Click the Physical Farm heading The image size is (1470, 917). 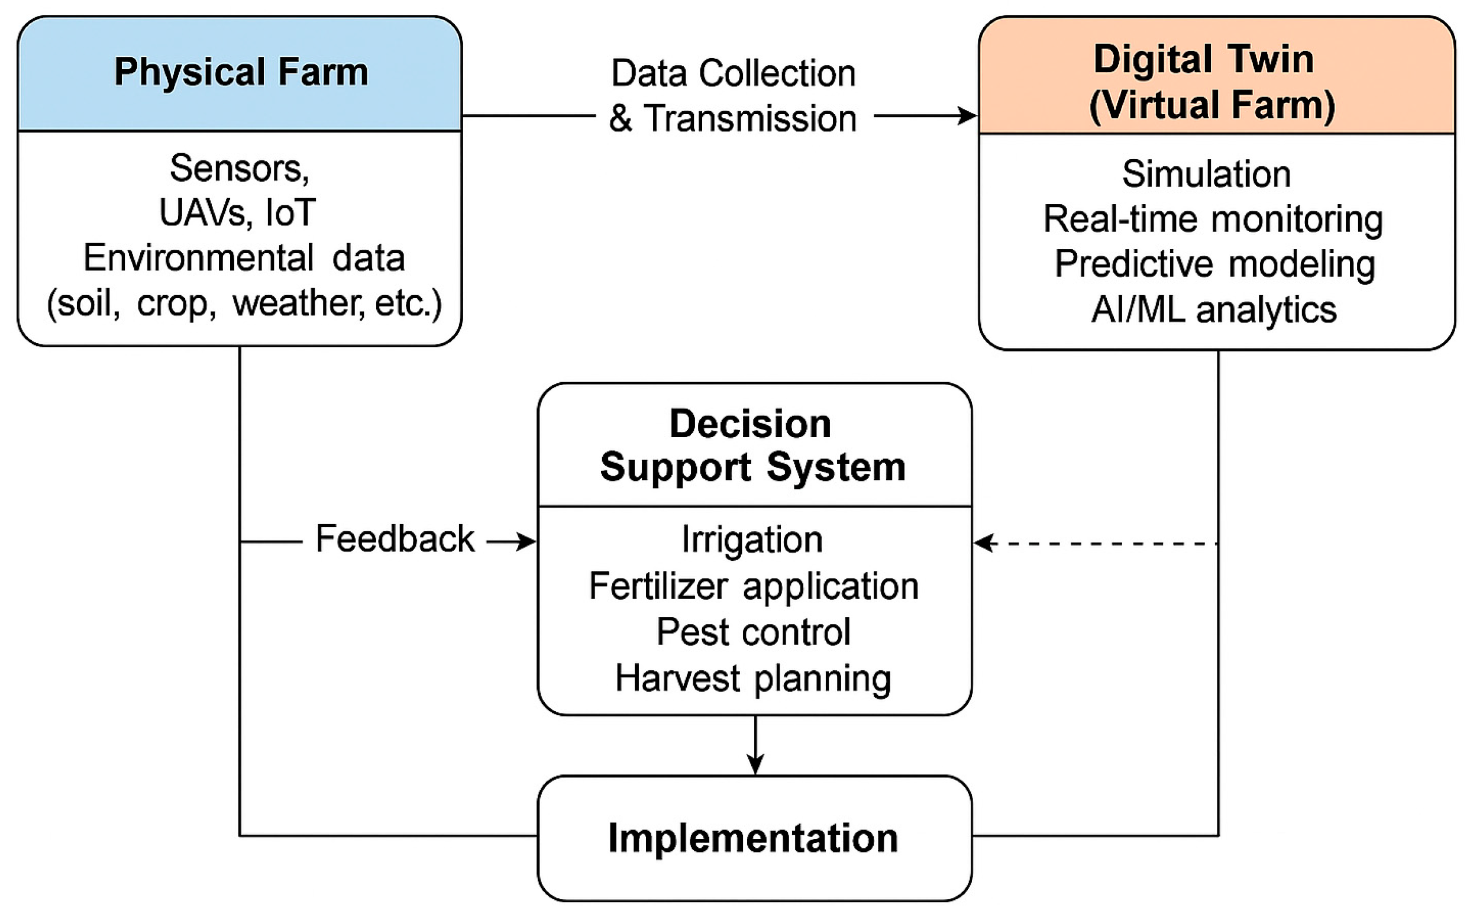click(x=241, y=72)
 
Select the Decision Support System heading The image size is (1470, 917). click(x=752, y=445)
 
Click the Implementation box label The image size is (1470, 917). click(x=752, y=838)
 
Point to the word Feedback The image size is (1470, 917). click(x=395, y=538)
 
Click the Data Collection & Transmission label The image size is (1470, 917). click(x=732, y=95)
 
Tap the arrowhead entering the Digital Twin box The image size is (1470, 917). click(x=968, y=115)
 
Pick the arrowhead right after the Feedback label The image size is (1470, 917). click(x=527, y=541)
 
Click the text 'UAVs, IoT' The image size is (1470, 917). click(x=237, y=213)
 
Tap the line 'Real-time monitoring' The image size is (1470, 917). click(x=1212, y=219)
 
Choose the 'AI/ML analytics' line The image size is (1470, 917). click(x=1213, y=310)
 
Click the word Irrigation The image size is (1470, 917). click(x=752, y=539)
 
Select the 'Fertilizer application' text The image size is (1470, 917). click(x=753, y=586)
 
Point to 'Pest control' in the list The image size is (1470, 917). click(x=753, y=631)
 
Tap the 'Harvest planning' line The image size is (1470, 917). click(x=752, y=678)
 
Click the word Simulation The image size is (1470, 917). click(x=1206, y=174)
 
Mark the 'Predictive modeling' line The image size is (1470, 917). click(x=1214, y=264)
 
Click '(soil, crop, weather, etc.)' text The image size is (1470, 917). click(x=244, y=303)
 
